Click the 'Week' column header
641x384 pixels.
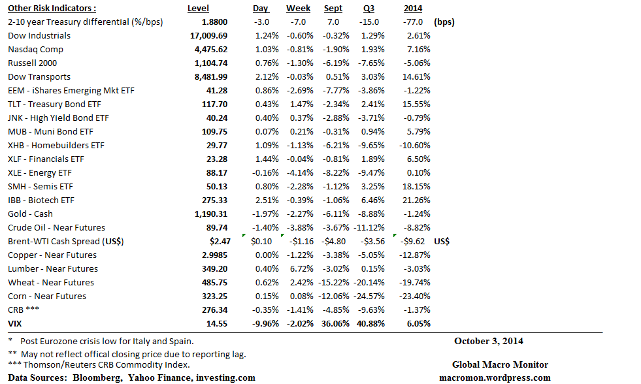pyautogui.click(x=298, y=8)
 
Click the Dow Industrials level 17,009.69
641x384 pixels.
pyautogui.click(x=208, y=35)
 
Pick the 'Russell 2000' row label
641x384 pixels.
pyautogui.click(x=32, y=63)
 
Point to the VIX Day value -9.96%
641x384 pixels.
pyautogui.click(x=261, y=323)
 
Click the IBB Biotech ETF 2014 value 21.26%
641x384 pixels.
pyautogui.click(x=417, y=200)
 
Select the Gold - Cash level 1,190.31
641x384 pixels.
pyautogui.click(x=208, y=214)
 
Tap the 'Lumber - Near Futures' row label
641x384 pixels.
pyautogui.click(x=53, y=268)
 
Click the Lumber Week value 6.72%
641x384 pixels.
pyautogui.click(x=300, y=268)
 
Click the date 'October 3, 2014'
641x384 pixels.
pyautogui.click(x=489, y=340)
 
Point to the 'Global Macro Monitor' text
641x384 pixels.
pyautogui.click(x=500, y=364)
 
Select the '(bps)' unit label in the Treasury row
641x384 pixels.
pyautogui.click(x=444, y=22)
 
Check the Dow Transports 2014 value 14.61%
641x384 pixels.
pyautogui.click(x=417, y=76)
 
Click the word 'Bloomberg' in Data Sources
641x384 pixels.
pyautogui.click(x=97, y=377)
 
